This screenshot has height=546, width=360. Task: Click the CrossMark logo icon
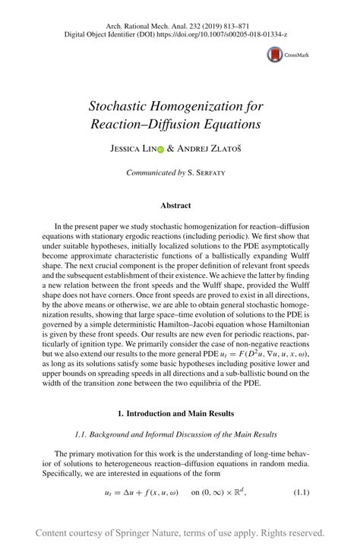[273, 55]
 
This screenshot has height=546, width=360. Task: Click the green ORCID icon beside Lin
[159, 151]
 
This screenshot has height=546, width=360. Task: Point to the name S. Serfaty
[213, 173]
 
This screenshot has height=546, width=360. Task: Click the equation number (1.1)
[301, 492]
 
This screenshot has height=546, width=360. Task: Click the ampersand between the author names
[171, 150]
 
